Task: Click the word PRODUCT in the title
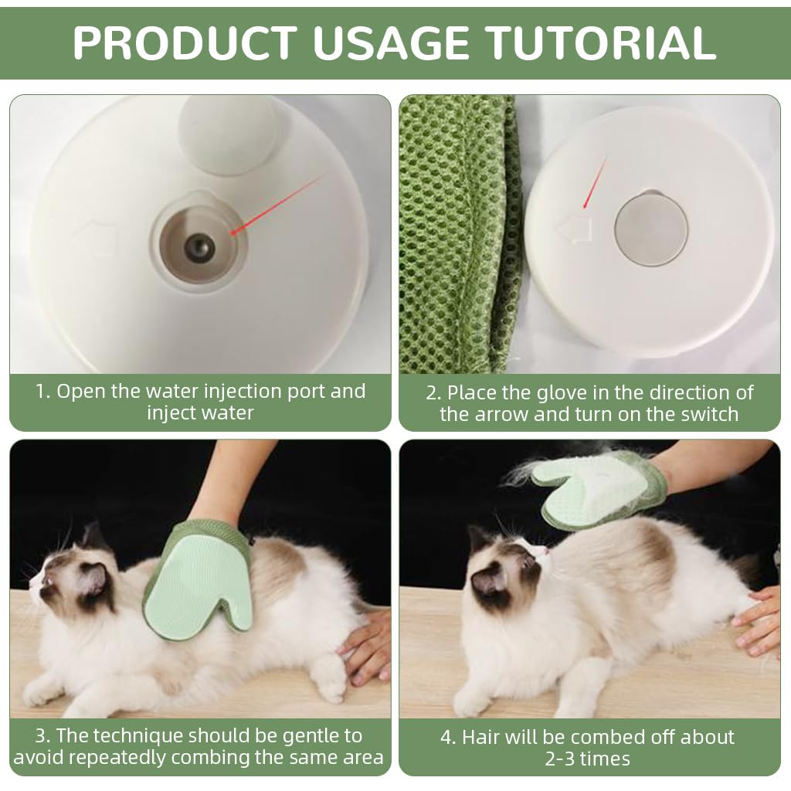pyautogui.click(x=185, y=42)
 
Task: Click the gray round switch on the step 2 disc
pyautogui.click(x=650, y=229)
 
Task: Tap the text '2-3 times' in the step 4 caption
pyautogui.click(x=587, y=759)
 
